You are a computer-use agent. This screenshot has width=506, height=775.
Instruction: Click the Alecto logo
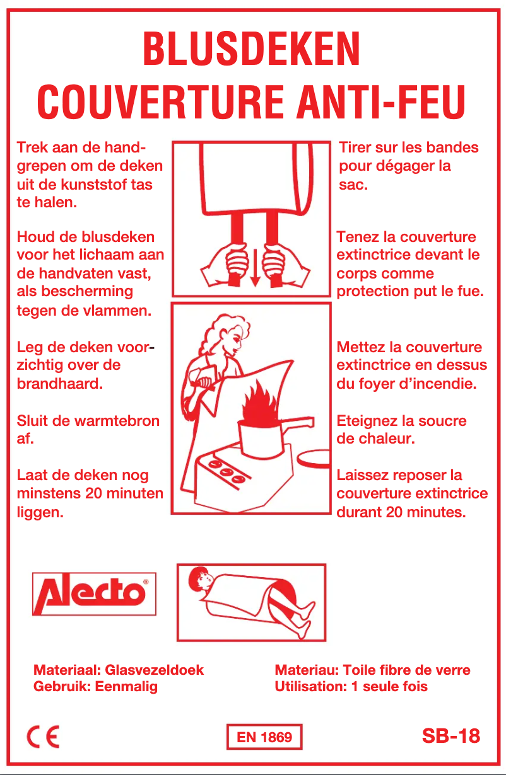[94, 594]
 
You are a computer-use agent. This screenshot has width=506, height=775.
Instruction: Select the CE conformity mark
[43, 736]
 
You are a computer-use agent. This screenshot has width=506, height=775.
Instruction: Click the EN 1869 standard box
[264, 737]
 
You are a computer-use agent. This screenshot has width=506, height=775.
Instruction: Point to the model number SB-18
[450, 735]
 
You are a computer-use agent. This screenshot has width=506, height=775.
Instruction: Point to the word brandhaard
[60, 383]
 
